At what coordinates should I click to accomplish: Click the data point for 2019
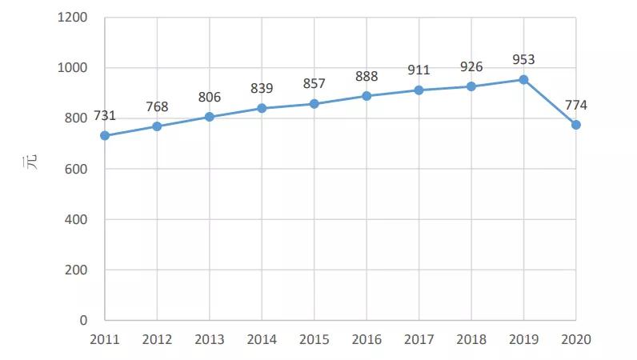tap(523, 80)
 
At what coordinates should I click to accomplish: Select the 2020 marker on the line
tap(576, 125)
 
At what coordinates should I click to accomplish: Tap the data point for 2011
tap(105, 136)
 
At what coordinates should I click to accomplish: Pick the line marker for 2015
tap(314, 104)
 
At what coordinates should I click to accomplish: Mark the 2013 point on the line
tap(210, 117)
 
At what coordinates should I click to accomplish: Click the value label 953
tap(523, 59)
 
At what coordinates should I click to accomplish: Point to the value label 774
tap(576, 104)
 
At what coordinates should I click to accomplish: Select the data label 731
tap(105, 115)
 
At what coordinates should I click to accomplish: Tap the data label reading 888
tap(367, 76)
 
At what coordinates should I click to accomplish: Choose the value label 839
tap(262, 88)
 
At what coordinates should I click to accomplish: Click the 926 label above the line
tap(471, 66)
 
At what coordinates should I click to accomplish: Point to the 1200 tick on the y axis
tap(73, 18)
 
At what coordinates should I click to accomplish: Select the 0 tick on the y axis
tap(83, 320)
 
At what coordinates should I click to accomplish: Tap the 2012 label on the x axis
tap(157, 339)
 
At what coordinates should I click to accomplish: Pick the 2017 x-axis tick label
tap(419, 339)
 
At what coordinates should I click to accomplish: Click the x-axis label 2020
tap(576, 339)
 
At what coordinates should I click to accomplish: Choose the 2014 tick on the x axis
tap(262, 339)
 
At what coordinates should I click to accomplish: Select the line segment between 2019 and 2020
tap(550, 102)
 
